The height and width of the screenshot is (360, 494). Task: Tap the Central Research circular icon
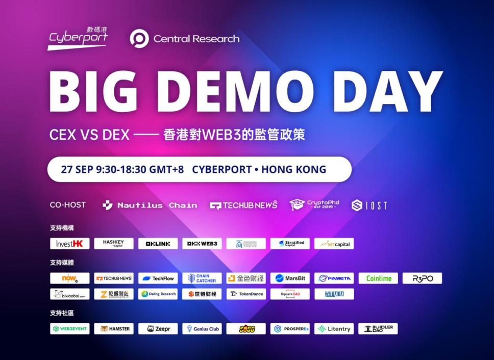tap(139, 39)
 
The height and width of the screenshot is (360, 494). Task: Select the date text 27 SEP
tap(77, 169)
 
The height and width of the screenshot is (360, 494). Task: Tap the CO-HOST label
tap(68, 205)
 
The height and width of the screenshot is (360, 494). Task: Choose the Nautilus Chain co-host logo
tap(150, 205)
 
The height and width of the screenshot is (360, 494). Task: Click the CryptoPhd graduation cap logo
tap(298, 205)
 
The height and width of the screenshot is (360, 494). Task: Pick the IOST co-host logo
tap(369, 205)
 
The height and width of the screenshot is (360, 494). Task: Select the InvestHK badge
tap(70, 244)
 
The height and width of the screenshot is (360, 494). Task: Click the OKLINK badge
tap(158, 244)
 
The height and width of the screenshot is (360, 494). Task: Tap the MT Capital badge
tap(334, 244)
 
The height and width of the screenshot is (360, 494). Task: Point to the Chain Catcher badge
tap(202, 278)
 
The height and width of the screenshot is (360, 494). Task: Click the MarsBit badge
tap(290, 278)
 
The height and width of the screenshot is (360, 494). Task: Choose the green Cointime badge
tap(378, 278)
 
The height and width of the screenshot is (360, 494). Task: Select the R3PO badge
tap(422, 278)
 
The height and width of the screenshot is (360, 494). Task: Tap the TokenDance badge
tap(246, 294)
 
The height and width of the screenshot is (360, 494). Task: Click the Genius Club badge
tap(202, 329)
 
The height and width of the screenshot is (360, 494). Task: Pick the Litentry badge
tap(334, 329)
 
